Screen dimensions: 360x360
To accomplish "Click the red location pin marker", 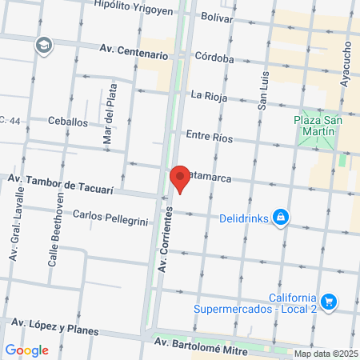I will click(180, 178).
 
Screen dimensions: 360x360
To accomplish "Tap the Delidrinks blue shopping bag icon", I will click(281, 217).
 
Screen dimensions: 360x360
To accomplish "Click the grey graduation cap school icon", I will click(42, 46).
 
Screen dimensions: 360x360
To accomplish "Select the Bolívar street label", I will click(217, 15).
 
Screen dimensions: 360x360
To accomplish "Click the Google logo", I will click(26, 350).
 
